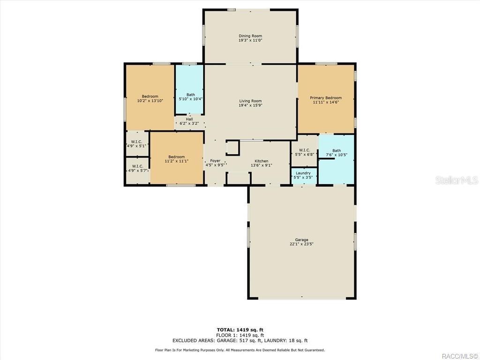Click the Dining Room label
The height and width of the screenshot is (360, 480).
click(x=250, y=36)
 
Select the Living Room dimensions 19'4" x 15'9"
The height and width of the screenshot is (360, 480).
click(x=250, y=105)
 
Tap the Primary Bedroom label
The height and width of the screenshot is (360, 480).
click(x=326, y=97)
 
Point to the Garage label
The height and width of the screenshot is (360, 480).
click(x=301, y=240)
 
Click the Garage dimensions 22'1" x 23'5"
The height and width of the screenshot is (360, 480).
click(x=301, y=244)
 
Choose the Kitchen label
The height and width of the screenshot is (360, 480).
click(x=261, y=161)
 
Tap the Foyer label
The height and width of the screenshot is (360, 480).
click(x=215, y=161)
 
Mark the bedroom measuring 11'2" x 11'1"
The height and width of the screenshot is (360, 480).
click(x=176, y=159)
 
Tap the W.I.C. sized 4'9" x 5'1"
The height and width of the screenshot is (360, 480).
click(x=137, y=143)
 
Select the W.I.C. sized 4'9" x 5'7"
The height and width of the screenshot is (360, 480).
click(x=137, y=168)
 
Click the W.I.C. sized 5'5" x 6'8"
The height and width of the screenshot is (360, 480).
click(x=304, y=152)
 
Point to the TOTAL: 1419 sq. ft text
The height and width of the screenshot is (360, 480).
click(x=243, y=330)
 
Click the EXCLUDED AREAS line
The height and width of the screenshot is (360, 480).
click(x=240, y=341)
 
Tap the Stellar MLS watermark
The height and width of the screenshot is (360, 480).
click(x=456, y=180)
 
